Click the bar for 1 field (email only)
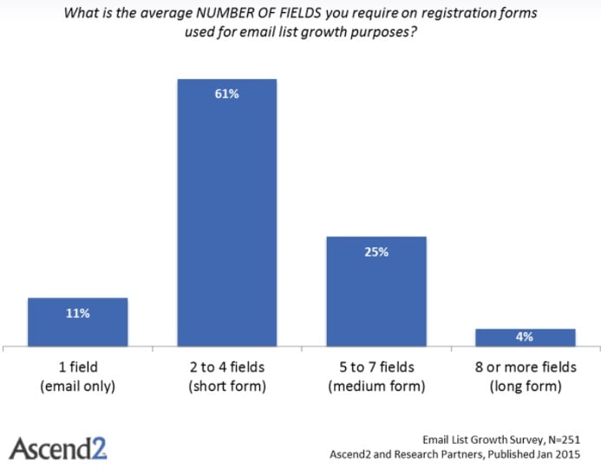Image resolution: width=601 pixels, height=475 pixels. (78, 322)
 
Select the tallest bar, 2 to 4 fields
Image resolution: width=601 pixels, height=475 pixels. (227, 213)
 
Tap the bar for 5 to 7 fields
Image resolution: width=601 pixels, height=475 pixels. (376, 291)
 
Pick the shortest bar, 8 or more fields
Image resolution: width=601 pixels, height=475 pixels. (526, 338)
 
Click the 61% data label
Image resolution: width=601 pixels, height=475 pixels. (227, 94)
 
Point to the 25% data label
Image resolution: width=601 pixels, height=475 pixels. (376, 252)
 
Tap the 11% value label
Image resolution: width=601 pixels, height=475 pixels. (78, 314)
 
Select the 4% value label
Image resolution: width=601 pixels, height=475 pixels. (525, 336)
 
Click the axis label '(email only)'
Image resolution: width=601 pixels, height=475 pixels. (78, 386)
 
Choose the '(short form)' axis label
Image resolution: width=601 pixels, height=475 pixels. (227, 386)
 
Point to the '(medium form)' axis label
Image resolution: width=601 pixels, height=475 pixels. (376, 386)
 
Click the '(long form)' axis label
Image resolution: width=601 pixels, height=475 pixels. (526, 386)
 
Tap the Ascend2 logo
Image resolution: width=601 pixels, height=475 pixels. (58, 449)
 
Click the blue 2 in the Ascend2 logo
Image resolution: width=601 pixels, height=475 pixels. (99, 449)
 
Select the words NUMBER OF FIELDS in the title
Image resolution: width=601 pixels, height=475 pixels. (258, 13)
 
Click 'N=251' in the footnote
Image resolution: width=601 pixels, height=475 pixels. (565, 439)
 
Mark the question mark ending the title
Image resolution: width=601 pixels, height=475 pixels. (413, 31)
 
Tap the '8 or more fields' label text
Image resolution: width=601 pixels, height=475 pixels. (526, 367)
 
